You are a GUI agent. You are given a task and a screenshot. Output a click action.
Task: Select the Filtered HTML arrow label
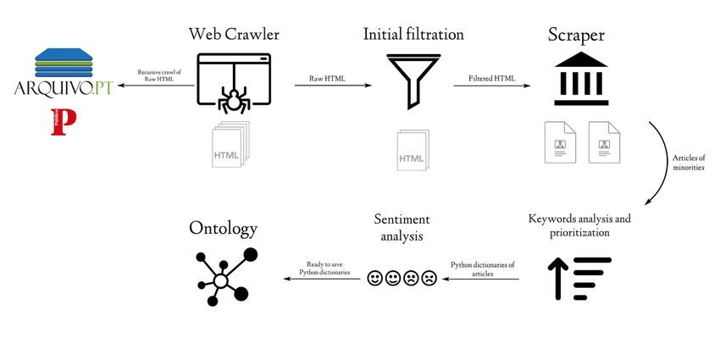pos(491,78)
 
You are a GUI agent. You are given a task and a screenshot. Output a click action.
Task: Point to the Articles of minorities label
pos(688,163)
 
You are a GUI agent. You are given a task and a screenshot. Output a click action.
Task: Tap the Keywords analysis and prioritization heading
pos(579,224)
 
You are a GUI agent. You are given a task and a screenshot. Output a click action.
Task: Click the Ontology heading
pos(224,227)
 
